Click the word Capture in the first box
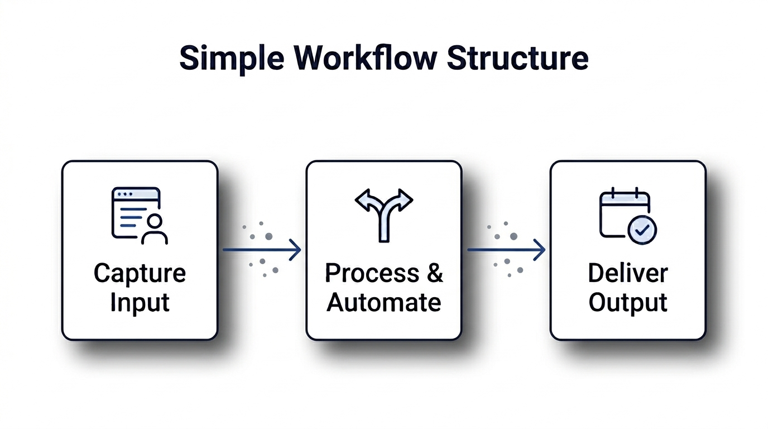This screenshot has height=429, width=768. [140, 274]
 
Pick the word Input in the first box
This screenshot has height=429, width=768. [140, 303]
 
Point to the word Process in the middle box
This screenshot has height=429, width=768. [372, 274]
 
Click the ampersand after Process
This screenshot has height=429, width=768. [435, 274]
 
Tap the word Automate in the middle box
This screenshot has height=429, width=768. [384, 303]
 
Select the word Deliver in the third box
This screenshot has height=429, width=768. [628, 274]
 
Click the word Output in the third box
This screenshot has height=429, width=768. [628, 303]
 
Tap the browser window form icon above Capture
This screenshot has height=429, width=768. [135, 212]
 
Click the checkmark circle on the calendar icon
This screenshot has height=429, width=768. [642, 230]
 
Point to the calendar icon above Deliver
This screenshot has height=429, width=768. [624, 213]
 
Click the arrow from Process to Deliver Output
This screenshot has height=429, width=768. [506, 250]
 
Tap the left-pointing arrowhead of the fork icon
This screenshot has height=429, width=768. [364, 200]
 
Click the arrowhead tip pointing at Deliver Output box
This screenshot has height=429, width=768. [544, 250]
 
